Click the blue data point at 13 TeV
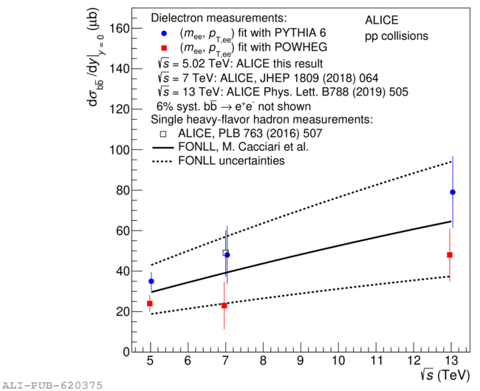(x=453, y=192)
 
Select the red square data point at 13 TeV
(x=450, y=255)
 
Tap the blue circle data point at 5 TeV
(x=151, y=281)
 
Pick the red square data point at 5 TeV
(x=150, y=304)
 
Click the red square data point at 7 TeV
(x=224, y=305)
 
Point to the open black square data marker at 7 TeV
(x=225, y=253)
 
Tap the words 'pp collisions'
(x=396, y=35)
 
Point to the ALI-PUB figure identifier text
(x=51, y=385)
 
